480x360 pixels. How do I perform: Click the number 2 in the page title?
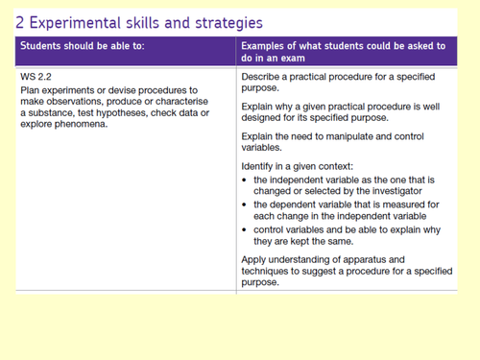(19, 23)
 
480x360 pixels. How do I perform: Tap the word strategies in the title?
(228, 24)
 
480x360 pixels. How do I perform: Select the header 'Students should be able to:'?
(83, 46)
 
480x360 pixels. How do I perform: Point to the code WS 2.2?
(36, 77)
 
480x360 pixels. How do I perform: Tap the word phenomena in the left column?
(81, 124)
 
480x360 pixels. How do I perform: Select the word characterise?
(181, 102)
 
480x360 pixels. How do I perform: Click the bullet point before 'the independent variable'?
(244, 180)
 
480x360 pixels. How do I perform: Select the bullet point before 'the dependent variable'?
(244, 204)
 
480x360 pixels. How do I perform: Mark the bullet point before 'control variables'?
(244, 229)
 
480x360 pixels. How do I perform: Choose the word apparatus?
(335, 260)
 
